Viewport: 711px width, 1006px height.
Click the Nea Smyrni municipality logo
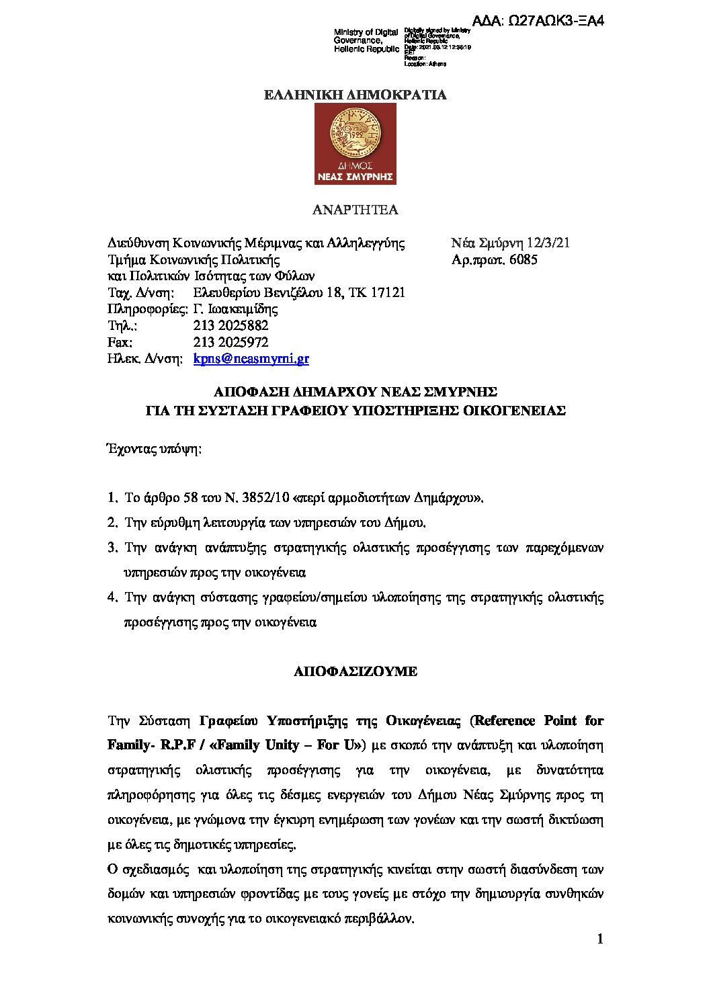[x=355, y=143]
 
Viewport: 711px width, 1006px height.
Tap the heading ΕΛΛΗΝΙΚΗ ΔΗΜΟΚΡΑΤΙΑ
[x=355, y=95]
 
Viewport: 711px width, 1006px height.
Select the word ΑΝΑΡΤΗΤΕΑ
[x=355, y=210]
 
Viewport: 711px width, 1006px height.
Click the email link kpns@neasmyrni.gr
[x=251, y=359]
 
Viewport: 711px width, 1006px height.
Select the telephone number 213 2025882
[x=231, y=326]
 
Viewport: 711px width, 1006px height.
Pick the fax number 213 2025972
[x=231, y=342]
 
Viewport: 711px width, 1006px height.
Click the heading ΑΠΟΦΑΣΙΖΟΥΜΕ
[x=355, y=671]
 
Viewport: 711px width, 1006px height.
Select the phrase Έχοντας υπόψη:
[x=154, y=449]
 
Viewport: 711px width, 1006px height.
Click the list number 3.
[x=112, y=548]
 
